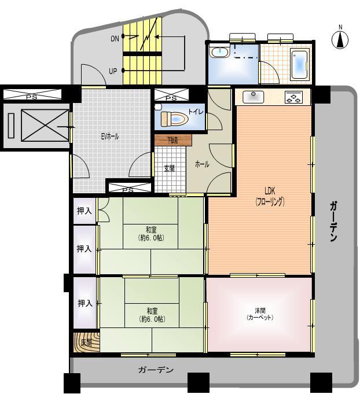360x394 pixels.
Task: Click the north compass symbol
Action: pos(340,39)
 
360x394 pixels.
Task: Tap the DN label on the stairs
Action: pos(115,38)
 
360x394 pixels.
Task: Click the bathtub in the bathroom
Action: pos(299,64)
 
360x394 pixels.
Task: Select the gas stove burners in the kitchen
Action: pos(293,98)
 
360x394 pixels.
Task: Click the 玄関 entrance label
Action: pos(169,168)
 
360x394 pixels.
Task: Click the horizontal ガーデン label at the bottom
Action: pos(156,370)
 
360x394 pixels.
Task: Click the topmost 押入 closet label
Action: pos(85,212)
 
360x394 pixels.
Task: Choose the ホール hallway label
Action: pos(202,164)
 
